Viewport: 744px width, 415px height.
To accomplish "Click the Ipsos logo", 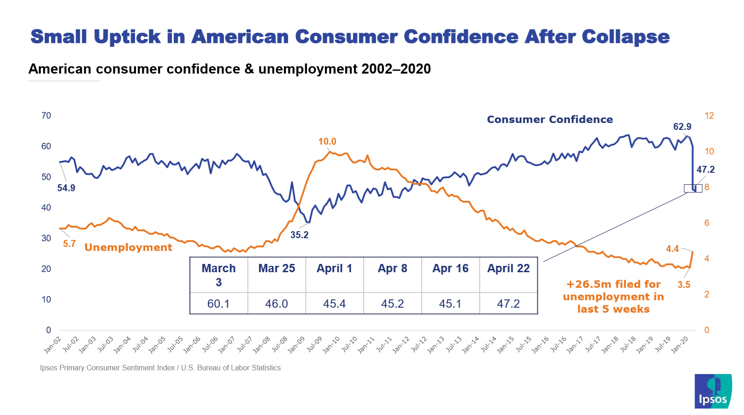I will (x=713, y=391).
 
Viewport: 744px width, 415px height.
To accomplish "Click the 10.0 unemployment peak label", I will (x=327, y=141).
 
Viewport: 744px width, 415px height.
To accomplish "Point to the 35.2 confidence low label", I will (x=299, y=235).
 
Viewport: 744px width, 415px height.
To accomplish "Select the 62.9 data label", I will (x=682, y=127).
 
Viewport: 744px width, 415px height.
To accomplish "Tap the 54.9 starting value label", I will (x=66, y=188).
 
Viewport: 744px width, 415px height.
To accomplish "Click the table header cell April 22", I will (x=508, y=269).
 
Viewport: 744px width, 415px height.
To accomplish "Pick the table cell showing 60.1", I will (x=218, y=304).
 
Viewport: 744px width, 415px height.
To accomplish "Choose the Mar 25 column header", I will (x=277, y=269).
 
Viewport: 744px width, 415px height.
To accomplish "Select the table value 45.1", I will (x=450, y=304).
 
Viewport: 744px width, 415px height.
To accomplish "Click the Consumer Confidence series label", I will (x=550, y=120).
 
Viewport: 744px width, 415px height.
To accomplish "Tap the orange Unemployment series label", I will (x=128, y=247).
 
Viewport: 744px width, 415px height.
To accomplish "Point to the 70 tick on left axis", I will (x=46, y=116).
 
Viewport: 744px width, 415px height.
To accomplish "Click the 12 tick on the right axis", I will (x=709, y=116).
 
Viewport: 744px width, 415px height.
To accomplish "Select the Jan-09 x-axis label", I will (x=296, y=345).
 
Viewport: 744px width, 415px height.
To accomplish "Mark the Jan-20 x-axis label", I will (x=679, y=345).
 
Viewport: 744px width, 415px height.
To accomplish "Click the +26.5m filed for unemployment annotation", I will (x=614, y=297).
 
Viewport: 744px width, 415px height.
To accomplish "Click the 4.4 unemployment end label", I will (x=672, y=249).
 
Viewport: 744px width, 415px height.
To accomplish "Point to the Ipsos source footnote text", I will (x=160, y=368).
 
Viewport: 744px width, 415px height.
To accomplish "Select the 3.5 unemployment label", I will (x=684, y=285).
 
